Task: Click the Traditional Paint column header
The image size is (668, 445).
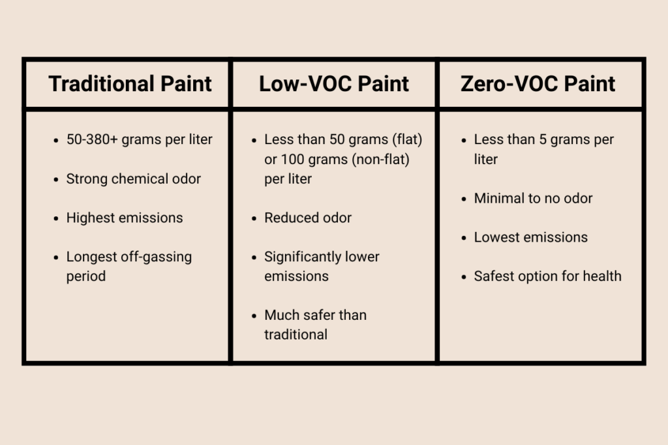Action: pyautogui.click(x=130, y=84)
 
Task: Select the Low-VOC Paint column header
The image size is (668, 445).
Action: pyautogui.click(x=334, y=84)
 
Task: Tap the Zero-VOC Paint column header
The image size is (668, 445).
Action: pyautogui.click(x=538, y=84)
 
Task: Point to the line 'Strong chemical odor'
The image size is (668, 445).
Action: pyautogui.click(x=134, y=179)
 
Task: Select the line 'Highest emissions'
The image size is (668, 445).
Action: pyautogui.click(x=125, y=218)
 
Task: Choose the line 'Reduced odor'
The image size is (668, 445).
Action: pyautogui.click(x=308, y=218)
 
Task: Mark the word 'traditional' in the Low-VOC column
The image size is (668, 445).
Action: pyautogui.click(x=296, y=335)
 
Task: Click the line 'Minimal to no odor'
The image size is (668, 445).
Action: pyautogui.click(x=533, y=198)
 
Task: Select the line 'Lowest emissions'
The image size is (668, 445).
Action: pyautogui.click(x=530, y=237)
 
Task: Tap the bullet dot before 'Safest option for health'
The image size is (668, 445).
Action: pyautogui.click(x=463, y=277)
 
